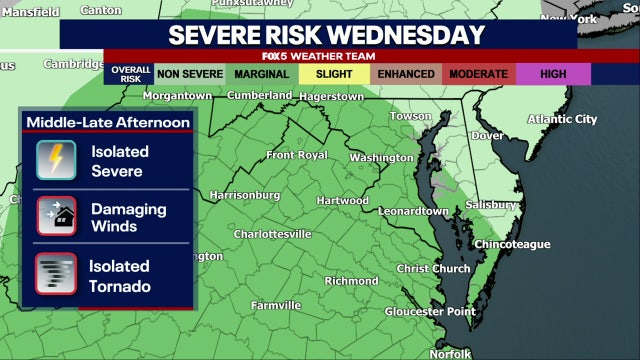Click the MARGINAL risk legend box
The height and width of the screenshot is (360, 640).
(x=263, y=74)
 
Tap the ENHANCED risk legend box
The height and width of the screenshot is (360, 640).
(x=407, y=74)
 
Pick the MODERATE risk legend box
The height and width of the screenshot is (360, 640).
(x=478, y=74)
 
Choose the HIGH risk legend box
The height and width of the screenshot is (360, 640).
(x=553, y=74)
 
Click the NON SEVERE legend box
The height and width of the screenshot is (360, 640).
(x=190, y=74)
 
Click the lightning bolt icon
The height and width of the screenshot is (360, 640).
(x=56, y=161)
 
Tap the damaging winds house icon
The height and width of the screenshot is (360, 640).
(x=56, y=217)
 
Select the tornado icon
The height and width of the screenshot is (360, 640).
(x=56, y=274)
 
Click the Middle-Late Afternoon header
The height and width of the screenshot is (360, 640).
(x=108, y=122)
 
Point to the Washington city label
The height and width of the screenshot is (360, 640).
(x=381, y=158)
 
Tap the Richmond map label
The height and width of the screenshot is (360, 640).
(x=351, y=281)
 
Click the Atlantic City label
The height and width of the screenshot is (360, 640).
(x=562, y=119)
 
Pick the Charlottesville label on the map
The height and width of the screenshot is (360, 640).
(x=272, y=234)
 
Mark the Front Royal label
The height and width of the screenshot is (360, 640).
(x=296, y=155)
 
